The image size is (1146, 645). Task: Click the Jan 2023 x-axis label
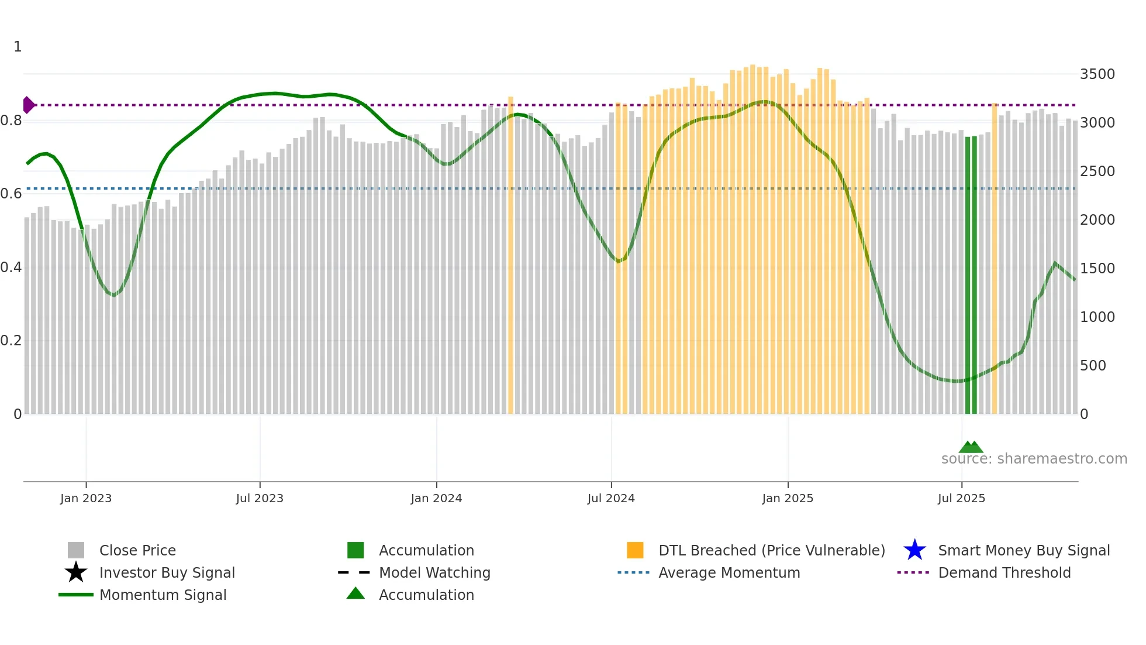(x=86, y=498)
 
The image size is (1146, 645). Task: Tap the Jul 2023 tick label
(x=260, y=498)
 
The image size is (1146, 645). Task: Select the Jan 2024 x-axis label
(x=436, y=498)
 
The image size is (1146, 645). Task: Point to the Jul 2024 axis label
(x=611, y=498)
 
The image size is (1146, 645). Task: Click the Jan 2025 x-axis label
(x=788, y=498)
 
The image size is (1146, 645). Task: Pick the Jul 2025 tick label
(x=961, y=498)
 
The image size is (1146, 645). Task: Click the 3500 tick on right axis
(x=1097, y=74)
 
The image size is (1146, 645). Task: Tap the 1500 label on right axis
(x=1097, y=269)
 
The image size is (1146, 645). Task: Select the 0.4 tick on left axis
(x=11, y=267)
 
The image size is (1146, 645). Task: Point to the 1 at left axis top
(x=18, y=47)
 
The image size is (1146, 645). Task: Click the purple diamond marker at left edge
(x=28, y=105)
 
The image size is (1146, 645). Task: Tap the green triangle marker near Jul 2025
(x=971, y=447)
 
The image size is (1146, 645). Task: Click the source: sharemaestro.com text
(x=1034, y=459)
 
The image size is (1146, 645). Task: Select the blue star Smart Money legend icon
(x=914, y=550)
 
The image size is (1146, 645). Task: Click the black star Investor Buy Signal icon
(x=76, y=572)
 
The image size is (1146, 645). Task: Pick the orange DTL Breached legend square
(x=635, y=550)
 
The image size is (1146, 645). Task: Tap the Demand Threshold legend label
(x=1004, y=572)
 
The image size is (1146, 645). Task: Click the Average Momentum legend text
(x=729, y=572)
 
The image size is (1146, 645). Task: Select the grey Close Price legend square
(x=76, y=550)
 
